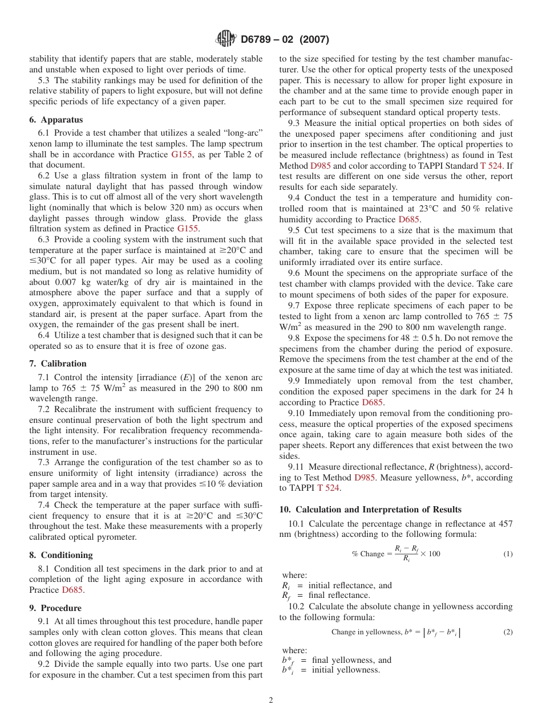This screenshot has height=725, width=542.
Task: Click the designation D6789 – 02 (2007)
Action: (285, 40)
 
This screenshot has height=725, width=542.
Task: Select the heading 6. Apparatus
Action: (56, 120)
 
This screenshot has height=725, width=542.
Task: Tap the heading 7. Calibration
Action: (58, 364)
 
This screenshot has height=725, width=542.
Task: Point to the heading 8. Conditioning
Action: (60, 555)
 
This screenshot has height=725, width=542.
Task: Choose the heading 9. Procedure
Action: (55, 608)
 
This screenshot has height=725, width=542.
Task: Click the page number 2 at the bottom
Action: (271, 700)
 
